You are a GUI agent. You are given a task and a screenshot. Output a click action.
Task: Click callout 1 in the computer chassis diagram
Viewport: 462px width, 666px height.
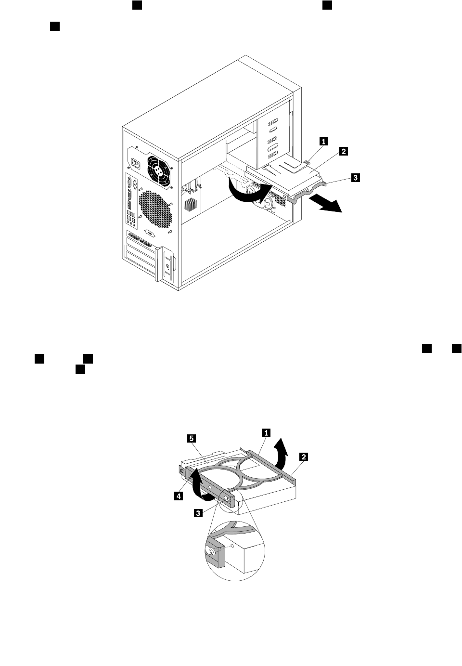coord(324,141)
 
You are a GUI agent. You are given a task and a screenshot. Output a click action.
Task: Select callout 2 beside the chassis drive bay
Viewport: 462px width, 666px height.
coord(343,151)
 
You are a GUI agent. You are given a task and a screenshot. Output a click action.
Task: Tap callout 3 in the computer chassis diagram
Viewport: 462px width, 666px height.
coord(355,178)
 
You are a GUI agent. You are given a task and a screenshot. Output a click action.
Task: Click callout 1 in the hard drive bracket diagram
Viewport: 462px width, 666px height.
coord(266,432)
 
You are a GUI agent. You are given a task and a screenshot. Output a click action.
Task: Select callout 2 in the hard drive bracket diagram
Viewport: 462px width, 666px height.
coord(304,456)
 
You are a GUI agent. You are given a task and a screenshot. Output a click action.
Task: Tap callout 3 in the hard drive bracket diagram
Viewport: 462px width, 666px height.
coord(198,513)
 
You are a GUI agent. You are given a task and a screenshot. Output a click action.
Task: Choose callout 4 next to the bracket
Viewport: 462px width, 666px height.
coord(179,496)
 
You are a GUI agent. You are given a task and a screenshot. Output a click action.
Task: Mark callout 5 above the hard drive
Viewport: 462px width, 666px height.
coord(191,438)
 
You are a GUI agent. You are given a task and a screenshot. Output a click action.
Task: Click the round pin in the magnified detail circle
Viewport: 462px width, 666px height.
coord(211,550)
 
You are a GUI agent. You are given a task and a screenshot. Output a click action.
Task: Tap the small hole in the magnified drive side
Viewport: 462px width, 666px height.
coord(233,546)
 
